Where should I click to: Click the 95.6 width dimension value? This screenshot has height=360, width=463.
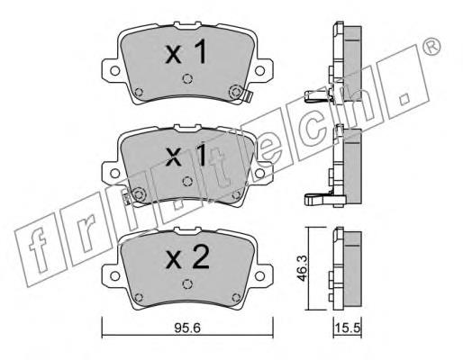tap(187, 328)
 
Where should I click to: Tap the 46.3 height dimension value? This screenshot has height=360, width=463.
tap(302, 268)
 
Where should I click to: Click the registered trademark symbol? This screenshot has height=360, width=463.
tap(431, 47)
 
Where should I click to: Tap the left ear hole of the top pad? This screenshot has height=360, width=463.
tap(114, 71)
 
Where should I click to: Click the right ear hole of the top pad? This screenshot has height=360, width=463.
tap(259, 71)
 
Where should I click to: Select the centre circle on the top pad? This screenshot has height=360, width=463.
tap(187, 78)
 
